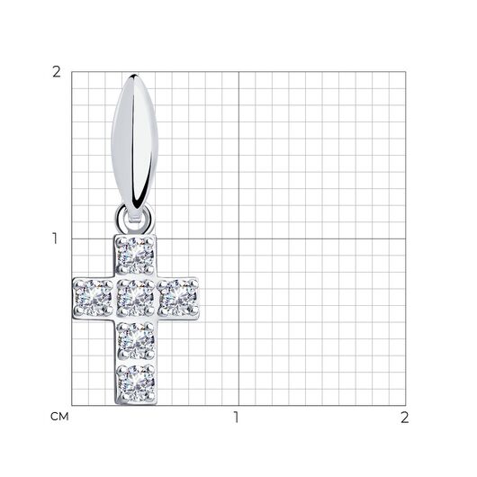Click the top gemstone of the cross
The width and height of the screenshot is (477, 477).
(136, 255)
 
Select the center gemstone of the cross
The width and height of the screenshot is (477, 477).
(136, 297)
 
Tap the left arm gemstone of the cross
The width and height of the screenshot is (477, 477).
(93, 297)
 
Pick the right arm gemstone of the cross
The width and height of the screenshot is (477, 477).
(178, 297)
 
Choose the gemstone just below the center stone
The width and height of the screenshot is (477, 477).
(136, 340)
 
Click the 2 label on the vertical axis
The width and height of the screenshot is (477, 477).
(57, 72)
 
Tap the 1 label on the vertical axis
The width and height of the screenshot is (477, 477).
(55, 238)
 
